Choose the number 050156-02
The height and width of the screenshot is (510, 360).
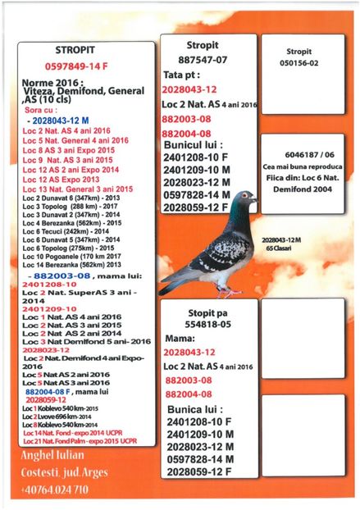298,61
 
